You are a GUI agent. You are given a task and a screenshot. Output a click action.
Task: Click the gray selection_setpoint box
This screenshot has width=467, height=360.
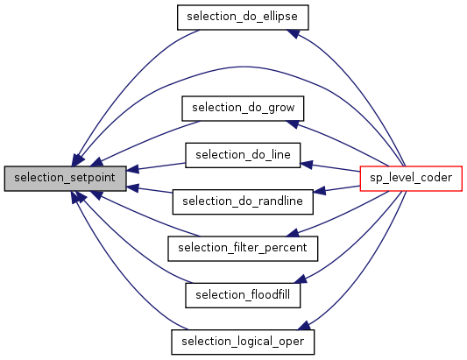(65, 179)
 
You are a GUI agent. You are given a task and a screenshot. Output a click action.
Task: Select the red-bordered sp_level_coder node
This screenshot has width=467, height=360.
(411, 179)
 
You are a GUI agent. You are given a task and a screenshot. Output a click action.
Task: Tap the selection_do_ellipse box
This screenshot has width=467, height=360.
(243, 17)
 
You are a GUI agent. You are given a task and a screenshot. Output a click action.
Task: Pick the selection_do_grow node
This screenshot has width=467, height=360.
(243, 109)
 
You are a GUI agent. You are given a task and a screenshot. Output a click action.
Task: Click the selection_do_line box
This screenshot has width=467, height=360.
(243, 155)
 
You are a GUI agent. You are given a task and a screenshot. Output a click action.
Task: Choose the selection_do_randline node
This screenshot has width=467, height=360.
(243, 201)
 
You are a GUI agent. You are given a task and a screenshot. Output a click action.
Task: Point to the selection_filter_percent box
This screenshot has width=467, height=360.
(243, 249)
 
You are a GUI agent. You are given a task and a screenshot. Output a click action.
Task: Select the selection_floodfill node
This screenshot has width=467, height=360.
(243, 295)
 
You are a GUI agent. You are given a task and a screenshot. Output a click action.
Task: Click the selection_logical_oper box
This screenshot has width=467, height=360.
(243, 342)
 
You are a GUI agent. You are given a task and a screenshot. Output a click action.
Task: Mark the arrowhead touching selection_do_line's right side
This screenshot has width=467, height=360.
(307, 164)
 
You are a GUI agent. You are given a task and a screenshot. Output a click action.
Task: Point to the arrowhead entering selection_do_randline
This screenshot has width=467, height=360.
(319, 191)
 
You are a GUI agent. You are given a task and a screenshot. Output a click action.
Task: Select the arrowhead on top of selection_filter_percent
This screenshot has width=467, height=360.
(293, 233)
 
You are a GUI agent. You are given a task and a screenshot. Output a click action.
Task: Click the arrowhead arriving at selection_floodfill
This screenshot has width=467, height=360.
(301, 279)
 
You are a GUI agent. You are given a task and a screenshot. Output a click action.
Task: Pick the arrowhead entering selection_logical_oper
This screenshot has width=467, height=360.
(304, 326)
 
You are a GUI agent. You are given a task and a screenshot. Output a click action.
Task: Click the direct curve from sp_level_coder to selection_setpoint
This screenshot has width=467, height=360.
(242, 67)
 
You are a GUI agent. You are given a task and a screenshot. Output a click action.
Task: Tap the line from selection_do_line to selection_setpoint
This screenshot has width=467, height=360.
(156, 166)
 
